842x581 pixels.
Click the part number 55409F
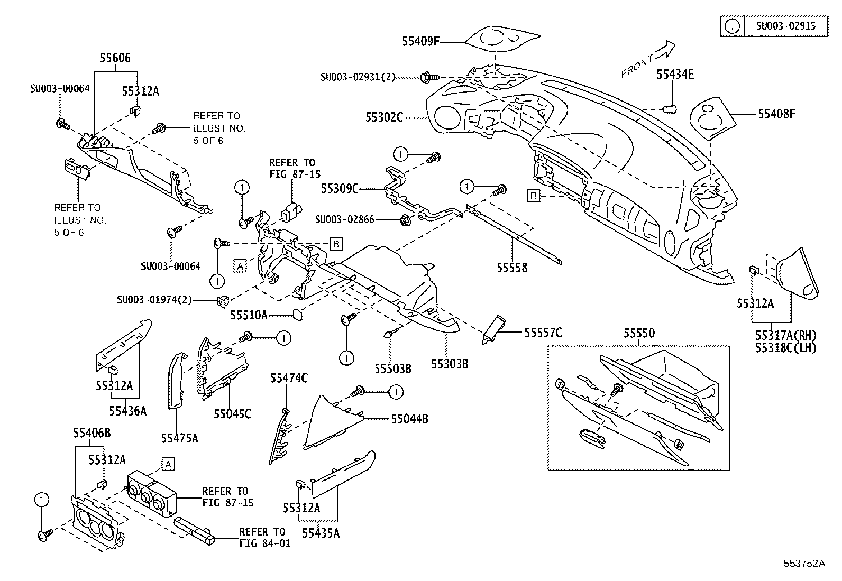(420, 41)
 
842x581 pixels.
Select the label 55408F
(776, 114)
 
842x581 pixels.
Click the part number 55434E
(675, 75)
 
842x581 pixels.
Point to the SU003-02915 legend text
(785, 26)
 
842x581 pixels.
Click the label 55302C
(384, 117)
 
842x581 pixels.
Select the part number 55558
(511, 268)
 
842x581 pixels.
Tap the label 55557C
(543, 333)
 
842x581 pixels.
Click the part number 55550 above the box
(638, 333)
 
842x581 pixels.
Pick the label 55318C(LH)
(785, 348)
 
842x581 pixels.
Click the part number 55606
(115, 58)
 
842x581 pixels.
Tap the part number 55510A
(249, 316)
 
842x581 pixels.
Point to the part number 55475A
(179, 438)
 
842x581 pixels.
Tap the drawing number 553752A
(804, 563)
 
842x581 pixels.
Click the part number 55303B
(450, 364)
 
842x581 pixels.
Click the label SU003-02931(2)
(358, 77)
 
